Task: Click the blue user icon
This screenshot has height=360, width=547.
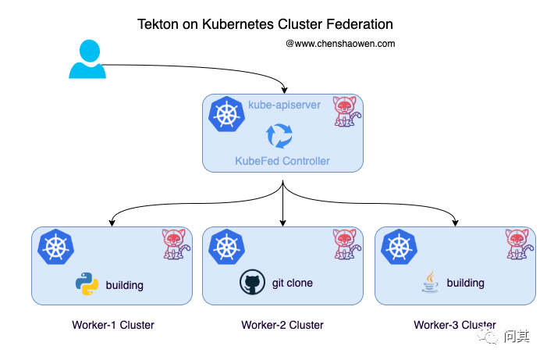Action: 87,59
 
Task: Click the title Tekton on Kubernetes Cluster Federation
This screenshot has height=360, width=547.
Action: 265,25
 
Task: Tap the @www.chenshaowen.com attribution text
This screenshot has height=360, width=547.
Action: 340,44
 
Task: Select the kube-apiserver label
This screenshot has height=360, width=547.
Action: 284,105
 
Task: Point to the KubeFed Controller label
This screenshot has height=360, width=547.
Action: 282,161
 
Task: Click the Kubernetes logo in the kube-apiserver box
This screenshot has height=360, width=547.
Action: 227,115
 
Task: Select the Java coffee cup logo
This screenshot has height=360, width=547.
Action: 429,283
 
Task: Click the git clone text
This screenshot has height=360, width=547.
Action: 293,283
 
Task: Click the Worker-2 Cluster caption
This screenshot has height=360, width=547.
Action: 282,325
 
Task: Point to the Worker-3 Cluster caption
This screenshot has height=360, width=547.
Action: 454,325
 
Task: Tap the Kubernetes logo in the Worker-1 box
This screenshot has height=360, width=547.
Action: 55,247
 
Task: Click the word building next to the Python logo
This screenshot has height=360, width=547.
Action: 125,285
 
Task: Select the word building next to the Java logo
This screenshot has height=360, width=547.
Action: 465,283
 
